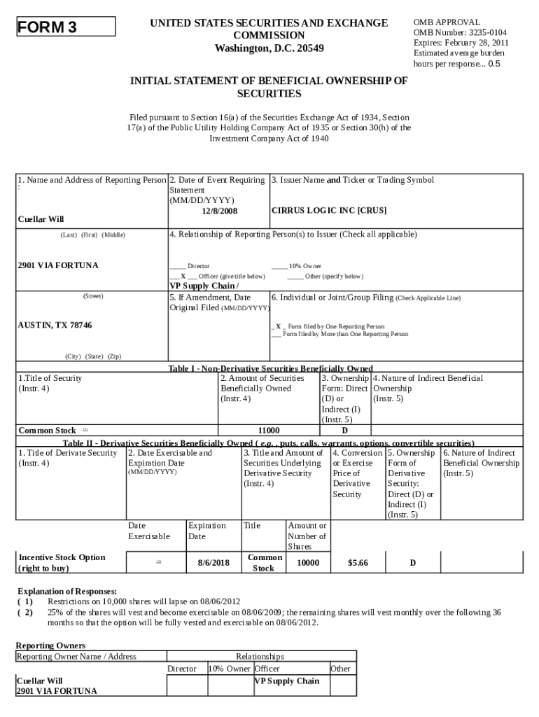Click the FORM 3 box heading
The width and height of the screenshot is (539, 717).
(x=47, y=27)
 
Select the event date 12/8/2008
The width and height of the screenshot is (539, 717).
(x=219, y=211)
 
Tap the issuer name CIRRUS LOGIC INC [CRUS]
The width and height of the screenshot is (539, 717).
(x=328, y=210)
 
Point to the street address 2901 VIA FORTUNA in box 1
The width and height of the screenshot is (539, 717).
(x=58, y=265)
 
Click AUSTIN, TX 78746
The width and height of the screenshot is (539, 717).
(x=55, y=326)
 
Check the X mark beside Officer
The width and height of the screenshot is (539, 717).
(x=183, y=277)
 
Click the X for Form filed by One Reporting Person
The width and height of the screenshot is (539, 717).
(x=278, y=326)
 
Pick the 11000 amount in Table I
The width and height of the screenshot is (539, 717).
(x=269, y=430)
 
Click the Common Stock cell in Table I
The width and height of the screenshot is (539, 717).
(x=47, y=430)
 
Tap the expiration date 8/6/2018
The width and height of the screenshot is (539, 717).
(x=213, y=563)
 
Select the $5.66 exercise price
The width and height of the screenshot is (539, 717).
(x=357, y=563)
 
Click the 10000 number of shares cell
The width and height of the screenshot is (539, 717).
(x=307, y=563)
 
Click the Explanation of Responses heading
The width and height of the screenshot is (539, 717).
(x=66, y=591)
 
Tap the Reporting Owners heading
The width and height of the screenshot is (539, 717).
(x=50, y=645)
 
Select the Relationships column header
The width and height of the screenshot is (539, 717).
(x=260, y=657)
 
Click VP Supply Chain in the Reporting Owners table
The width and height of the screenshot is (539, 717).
(x=286, y=681)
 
